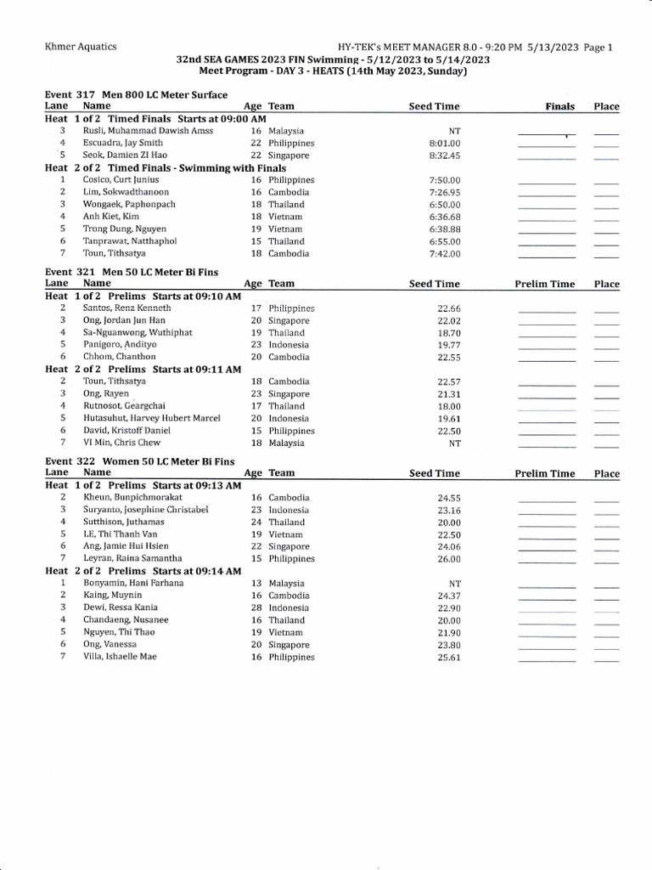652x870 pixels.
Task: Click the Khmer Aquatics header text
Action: point(81,48)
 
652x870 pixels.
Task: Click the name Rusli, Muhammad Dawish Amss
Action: point(148,132)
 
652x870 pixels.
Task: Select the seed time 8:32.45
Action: point(445,156)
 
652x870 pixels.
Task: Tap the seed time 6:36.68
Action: point(445,217)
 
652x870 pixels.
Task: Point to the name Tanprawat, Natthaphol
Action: point(130,241)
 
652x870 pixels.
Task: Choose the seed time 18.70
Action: point(448,333)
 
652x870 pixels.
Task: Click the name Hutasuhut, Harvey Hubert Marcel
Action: point(152,419)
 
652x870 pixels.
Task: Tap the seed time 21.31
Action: point(448,394)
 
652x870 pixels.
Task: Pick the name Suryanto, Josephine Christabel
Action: point(146,510)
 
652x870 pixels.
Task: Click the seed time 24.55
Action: point(448,498)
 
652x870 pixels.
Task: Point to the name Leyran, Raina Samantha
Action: point(132,559)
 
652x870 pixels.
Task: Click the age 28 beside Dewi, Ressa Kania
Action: point(256,608)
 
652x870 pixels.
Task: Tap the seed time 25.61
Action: point(448,658)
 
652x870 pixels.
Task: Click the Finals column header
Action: point(559,107)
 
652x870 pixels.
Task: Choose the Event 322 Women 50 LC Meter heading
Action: point(139,461)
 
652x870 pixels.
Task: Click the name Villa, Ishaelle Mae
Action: point(120,657)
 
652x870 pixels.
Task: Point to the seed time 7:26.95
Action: point(445,193)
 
